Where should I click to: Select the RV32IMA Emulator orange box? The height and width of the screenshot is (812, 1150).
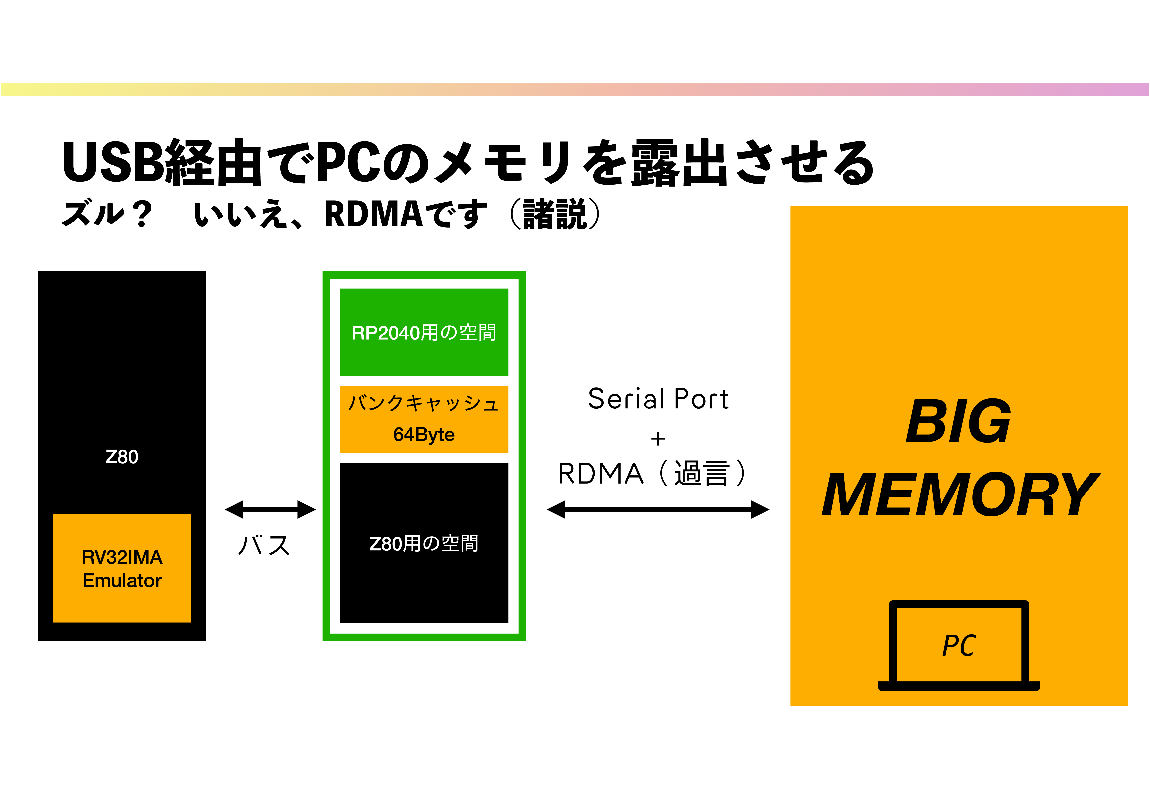(122, 568)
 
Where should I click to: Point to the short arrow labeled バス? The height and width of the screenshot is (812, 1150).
(270, 510)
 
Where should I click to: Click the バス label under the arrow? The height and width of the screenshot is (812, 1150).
(264, 546)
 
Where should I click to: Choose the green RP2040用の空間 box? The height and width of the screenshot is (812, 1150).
(424, 332)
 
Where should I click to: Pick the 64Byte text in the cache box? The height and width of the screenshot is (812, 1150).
(424, 434)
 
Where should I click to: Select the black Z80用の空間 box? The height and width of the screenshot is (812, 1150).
(424, 543)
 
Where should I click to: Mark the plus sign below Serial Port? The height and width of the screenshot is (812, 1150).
(658, 439)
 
